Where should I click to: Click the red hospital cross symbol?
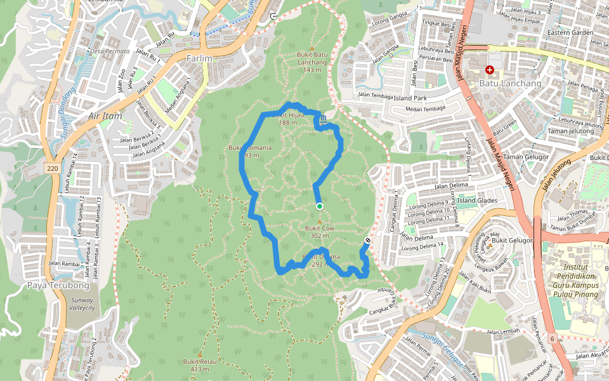[x=489, y=69]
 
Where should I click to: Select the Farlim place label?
[x=199, y=58]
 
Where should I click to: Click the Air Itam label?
[x=104, y=116]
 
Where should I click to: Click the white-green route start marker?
[x=319, y=206]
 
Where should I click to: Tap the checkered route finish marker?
[x=368, y=241]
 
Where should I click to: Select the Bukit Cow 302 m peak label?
[x=320, y=231]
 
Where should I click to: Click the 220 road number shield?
[x=53, y=168]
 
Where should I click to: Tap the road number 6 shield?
[x=553, y=340]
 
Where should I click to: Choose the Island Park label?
[x=410, y=98]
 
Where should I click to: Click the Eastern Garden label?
[x=570, y=32]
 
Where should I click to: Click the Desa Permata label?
[x=110, y=51]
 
